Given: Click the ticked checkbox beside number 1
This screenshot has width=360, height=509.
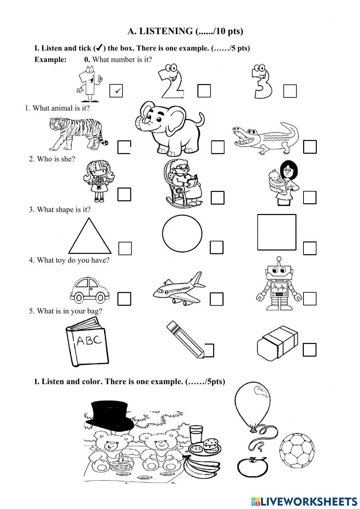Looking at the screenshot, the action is [116, 91].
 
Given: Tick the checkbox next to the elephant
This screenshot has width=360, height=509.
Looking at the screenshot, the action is [217, 147].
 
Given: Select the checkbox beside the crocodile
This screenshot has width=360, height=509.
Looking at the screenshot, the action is [310, 147].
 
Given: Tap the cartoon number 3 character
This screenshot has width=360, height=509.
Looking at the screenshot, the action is [262, 81].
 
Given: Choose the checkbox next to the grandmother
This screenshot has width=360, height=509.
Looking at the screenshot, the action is [217, 197].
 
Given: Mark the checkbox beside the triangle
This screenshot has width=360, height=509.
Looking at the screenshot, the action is [125, 248].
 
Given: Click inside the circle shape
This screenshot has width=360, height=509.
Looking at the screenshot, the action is [182, 233].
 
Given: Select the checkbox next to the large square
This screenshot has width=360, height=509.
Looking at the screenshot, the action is [310, 248].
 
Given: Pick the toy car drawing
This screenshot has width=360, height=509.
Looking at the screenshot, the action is [90, 290].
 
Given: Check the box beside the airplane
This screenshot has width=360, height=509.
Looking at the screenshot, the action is [216, 299].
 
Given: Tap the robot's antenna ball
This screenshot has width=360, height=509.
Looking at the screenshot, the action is [279, 258].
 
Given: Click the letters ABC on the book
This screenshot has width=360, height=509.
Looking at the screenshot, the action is [89, 340].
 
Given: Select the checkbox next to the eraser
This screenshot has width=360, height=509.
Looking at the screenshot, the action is [309, 349].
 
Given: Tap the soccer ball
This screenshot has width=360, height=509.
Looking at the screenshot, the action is [297, 451].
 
